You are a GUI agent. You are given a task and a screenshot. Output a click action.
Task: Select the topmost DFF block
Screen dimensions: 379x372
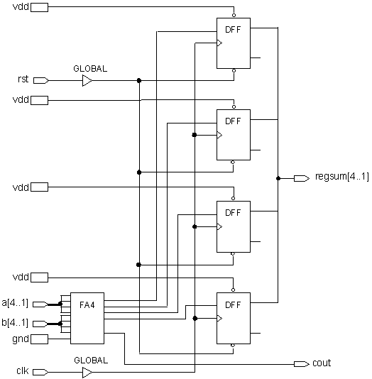[x=234, y=43]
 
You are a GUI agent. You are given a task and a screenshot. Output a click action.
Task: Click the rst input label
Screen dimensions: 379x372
[x=23, y=79]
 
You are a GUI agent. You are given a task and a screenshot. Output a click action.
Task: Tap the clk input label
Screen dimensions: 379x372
[x=22, y=371]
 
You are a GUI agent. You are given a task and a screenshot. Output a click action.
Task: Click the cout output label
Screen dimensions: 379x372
[x=322, y=363]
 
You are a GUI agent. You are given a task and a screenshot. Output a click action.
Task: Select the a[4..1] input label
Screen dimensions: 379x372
[x=16, y=303]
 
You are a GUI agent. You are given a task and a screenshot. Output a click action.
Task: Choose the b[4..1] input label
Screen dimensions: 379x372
[x=16, y=323]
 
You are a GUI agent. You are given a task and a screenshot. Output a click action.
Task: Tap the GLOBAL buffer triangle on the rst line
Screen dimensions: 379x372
[x=87, y=81]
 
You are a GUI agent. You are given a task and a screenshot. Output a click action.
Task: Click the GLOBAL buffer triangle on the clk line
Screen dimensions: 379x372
[x=87, y=372]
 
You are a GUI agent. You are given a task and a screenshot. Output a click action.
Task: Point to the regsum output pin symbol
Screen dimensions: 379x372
[x=300, y=177]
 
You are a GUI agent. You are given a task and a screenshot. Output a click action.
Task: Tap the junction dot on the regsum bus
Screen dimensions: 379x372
[x=278, y=178]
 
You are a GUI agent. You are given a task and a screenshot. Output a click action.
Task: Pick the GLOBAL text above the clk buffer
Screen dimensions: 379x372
[x=90, y=360]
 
